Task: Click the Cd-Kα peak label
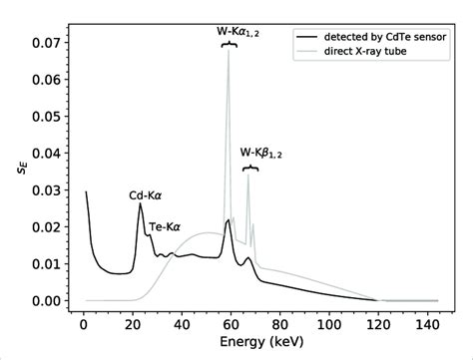(147, 196)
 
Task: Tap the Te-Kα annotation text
(166, 227)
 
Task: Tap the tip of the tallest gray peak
(229, 47)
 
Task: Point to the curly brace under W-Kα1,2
(230, 44)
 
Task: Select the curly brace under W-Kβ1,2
(250, 169)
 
